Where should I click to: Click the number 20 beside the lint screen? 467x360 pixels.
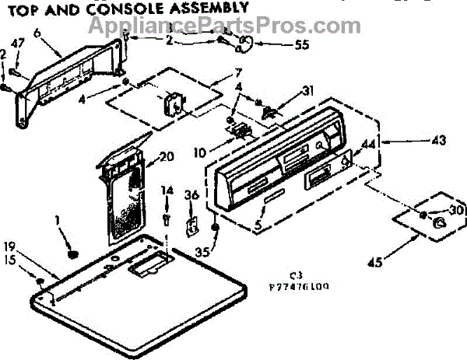click(x=165, y=156)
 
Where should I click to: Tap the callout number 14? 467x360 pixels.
click(x=167, y=190)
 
